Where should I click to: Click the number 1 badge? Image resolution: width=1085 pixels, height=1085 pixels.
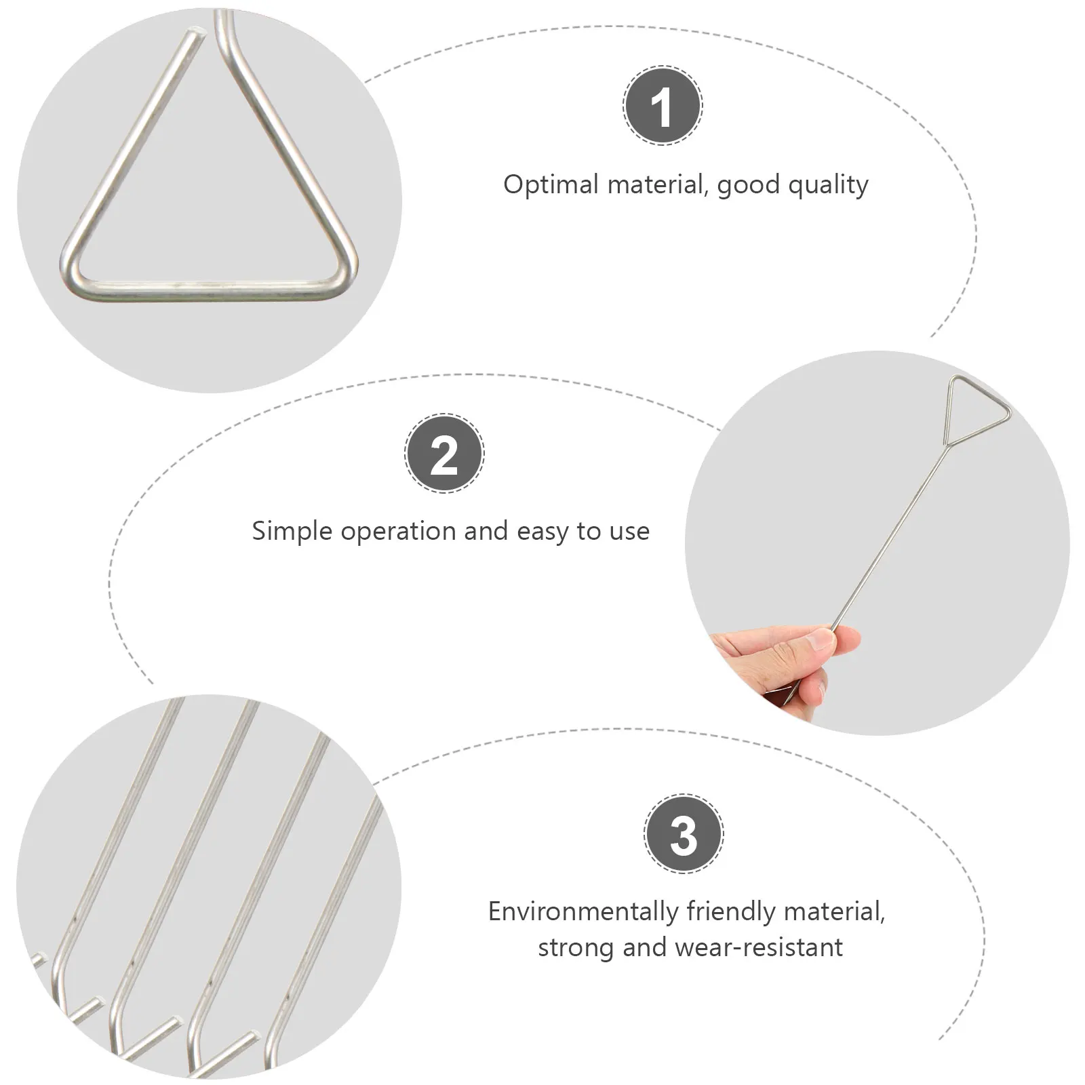click(663, 106)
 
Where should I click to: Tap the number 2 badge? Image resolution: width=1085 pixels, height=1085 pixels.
click(444, 453)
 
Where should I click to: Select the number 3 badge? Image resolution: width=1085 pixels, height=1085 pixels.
click(683, 833)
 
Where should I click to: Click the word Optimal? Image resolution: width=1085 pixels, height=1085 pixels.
click(551, 184)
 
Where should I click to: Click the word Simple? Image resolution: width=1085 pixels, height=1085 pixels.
click(292, 531)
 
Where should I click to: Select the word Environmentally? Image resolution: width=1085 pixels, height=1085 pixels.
click(583, 911)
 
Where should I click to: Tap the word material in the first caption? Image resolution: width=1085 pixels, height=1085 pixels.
click(656, 184)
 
